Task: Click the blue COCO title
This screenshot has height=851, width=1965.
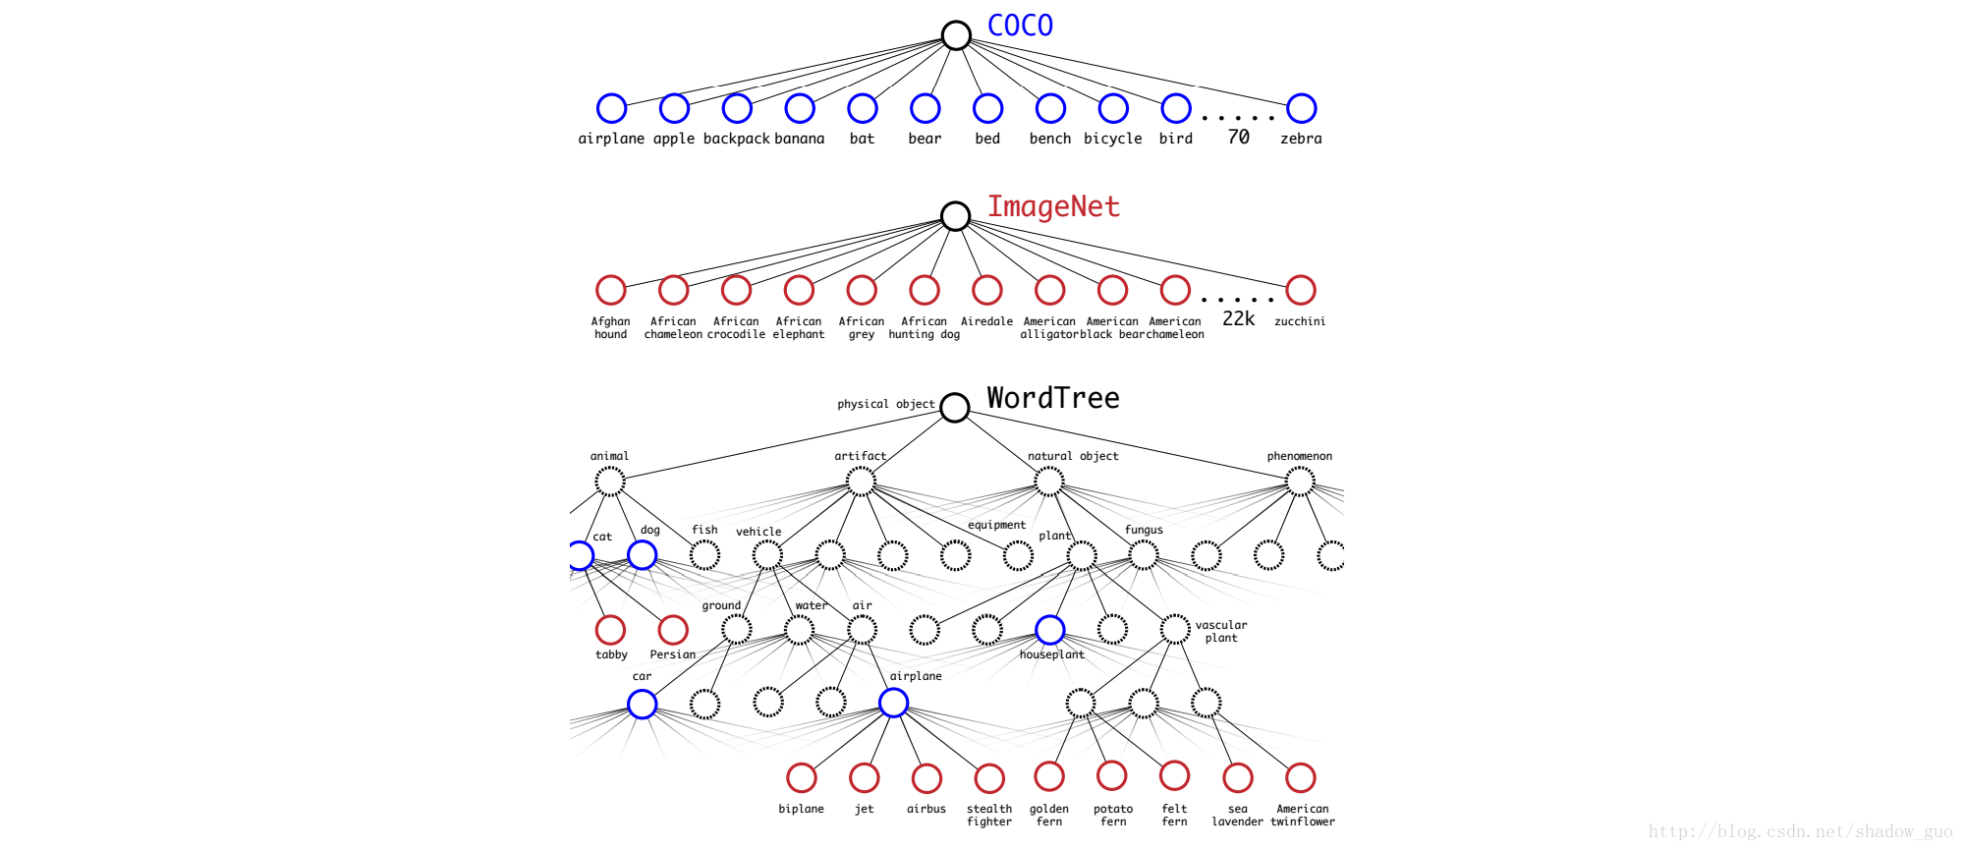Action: pyautogui.click(x=1020, y=26)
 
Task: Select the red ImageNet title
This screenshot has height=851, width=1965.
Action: pyautogui.click(x=1053, y=206)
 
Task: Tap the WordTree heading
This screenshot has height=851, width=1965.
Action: pyautogui.click(x=1053, y=398)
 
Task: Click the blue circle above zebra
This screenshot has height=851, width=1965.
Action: pyautogui.click(x=1301, y=108)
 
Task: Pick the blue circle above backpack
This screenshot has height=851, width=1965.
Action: pyautogui.click(x=737, y=108)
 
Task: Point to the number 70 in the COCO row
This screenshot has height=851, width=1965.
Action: pyautogui.click(x=1238, y=137)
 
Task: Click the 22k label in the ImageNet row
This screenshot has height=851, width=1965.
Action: pyautogui.click(x=1238, y=318)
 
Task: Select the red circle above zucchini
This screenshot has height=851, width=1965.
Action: pyautogui.click(x=1301, y=290)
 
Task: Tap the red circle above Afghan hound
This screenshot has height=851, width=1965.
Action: pyautogui.click(x=611, y=290)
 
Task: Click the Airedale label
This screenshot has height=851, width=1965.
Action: pyautogui.click(x=986, y=321)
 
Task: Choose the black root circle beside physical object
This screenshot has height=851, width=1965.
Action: pyautogui.click(x=955, y=407)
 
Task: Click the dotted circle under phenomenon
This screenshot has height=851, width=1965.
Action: pyautogui.click(x=1300, y=482)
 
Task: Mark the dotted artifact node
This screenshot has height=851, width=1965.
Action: pyautogui.click(x=861, y=482)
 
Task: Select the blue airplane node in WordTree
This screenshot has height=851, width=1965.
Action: pyautogui.click(x=893, y=703)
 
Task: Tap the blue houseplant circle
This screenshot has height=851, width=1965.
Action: pyautogui.click(x=1049, y=630)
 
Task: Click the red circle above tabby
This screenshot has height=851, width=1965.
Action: pyautogui.click(x=610, y=630)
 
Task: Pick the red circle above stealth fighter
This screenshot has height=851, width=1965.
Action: pyautogui.click(x=989, y=777)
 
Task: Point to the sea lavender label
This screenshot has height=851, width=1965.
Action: pyautogui.click(x=1238, y=816)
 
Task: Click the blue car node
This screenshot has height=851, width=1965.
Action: pyautogui.click(x=642, y=704)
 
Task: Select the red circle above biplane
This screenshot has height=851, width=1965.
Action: pyautogui.click(x=802, y=777)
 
